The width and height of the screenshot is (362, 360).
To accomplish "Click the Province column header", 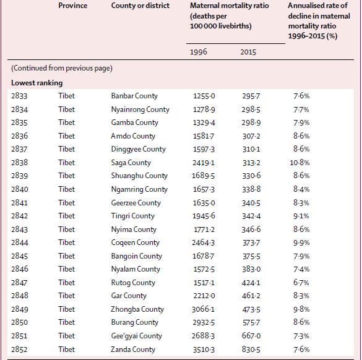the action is tap(73, 6).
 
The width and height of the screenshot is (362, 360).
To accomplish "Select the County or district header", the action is tap(140, 6).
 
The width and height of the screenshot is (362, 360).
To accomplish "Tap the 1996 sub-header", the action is tap(198, 52).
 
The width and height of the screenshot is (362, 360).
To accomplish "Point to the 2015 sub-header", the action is tap(248, 52).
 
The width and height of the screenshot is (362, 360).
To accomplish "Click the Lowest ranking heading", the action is tap(37, 83).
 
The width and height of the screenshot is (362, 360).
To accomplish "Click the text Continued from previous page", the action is tap(62, 68).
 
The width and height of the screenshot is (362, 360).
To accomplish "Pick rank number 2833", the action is tap(19, 96).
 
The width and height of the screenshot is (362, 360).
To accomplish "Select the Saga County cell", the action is tap(131, 163).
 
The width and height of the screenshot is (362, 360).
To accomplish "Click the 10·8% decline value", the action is tap(300, 163).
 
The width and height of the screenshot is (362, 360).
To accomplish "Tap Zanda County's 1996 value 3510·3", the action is tap(204, 349).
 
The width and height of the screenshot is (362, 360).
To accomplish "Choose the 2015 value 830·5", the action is tap(251, 349).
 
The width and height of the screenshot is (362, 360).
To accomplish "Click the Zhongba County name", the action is tap(137, 309).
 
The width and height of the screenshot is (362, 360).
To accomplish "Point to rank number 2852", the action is tap(19, 349).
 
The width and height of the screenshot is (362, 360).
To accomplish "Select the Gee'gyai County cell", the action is tap(136, 336).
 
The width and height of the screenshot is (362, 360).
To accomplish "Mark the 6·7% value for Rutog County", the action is tap(301, 283).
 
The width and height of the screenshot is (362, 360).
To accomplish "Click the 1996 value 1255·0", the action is tap(204, 96).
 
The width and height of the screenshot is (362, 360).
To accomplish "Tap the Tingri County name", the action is tap(133, 216).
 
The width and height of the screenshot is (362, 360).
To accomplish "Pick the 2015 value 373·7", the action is tap(251, 242).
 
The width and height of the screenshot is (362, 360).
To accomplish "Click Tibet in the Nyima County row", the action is tap(66, 229).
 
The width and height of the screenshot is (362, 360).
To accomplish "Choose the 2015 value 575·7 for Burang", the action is tap(251, 322).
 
